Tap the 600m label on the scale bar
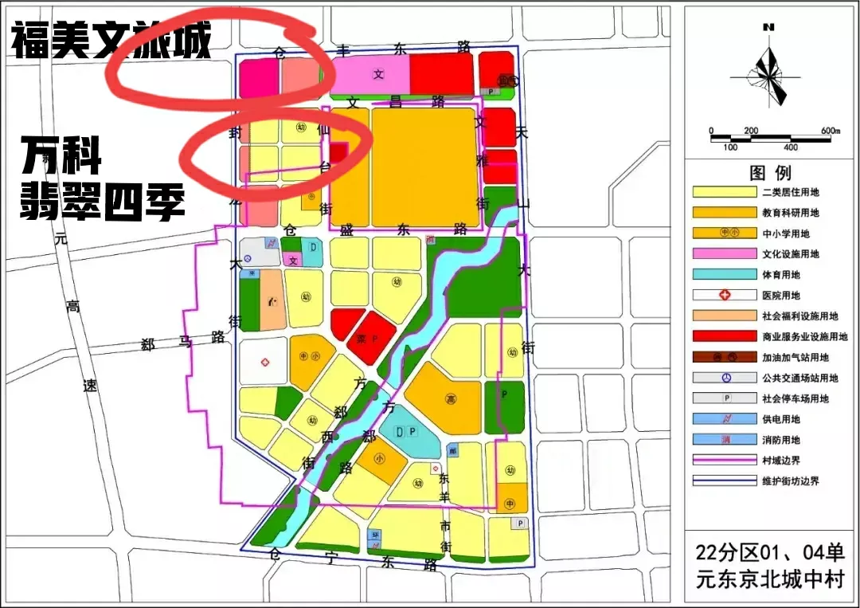pos(830,131)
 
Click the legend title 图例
pos(770,173)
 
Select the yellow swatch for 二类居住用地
pos(725,192)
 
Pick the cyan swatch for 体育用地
pos(725,275)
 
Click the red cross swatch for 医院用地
pos(725,296)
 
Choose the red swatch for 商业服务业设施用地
pos(725,337)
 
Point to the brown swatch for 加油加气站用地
pos(725,358)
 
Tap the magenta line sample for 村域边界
pos(725,460)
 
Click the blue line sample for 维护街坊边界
pos(725,481)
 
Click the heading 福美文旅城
pos(111,41)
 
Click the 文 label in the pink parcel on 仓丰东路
pos(379,75)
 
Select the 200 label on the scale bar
pos(751,131)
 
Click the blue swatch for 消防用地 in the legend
pos(725,439)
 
